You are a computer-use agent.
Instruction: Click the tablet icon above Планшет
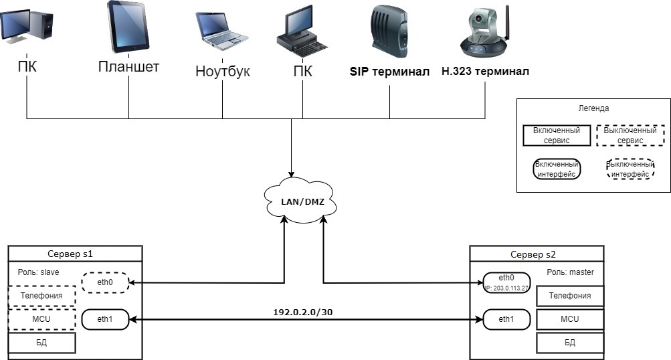click(128, 27)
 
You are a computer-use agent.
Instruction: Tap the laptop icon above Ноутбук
click(222, 31)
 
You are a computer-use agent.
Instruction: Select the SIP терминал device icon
click(389, 31)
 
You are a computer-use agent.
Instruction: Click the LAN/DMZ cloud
click(301, 200)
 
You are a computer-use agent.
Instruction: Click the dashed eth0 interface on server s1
click(105, 282)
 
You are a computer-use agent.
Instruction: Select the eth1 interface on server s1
click(105, 319)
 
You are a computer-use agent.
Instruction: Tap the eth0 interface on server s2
click(506, 283)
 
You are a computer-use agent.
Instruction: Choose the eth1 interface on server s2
click(506, 319)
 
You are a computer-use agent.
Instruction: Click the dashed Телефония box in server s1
click(41, 296)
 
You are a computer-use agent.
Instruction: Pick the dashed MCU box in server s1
click(41, 319)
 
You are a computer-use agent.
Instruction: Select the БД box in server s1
click(41, 343)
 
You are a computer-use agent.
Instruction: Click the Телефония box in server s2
click(570, 296)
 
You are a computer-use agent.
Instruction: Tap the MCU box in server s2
click(570, 319)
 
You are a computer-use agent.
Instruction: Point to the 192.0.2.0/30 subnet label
click(303, 312)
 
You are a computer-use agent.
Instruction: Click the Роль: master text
click(571, 272)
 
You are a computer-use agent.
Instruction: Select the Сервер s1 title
click(70, 254)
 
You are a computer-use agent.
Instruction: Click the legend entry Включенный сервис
click(557, 135)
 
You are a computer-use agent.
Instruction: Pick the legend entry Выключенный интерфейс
click(630, 169)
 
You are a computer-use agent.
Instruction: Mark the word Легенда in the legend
click(593, 108)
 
